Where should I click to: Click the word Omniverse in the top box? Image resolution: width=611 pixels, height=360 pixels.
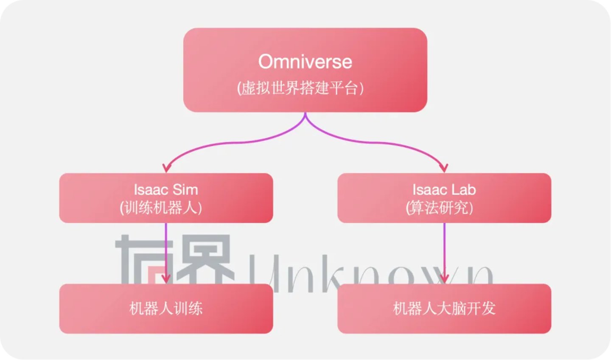pyautogui.click(x=305, y=62)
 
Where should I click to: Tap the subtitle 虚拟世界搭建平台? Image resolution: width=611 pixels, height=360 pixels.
pyautogui.click(x=300, y=88)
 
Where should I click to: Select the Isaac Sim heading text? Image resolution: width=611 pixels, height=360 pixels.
pyautogui.click(x=166, y=190)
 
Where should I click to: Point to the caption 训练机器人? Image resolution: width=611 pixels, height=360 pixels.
pyautogui.click(x=161, y=208)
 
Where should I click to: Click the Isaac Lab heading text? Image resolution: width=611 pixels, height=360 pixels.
pyautogui.click(x=444, y=190)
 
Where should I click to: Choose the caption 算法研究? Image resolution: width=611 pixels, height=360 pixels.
pyautogui.click(x=439, y=208)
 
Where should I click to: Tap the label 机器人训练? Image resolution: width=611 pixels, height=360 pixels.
pyautogui.click(x=166, y=309)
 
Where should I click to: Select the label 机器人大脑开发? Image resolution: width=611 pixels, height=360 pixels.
pyautogui.click(x=444, y=309)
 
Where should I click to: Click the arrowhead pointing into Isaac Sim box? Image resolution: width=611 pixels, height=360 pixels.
pyautogui.click(x=167, y=168)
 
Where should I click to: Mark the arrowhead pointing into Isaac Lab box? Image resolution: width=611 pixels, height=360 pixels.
pyautogui.click(x=444, y=168)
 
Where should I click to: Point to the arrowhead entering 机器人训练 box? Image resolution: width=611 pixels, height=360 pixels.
pyautogui.click(x=166, y=279)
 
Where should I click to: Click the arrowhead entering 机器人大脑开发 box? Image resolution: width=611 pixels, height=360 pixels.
pyautogui.click(x=444, y=279)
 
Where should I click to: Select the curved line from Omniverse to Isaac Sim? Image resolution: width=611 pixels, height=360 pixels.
pyautogui.click(x=229, y=143)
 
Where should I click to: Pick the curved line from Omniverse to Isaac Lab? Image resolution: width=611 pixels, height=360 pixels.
pyautogui.click(x=382, y=143)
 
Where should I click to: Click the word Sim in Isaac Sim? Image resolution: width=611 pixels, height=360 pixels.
pyautogui.click(x=185, y=190)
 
